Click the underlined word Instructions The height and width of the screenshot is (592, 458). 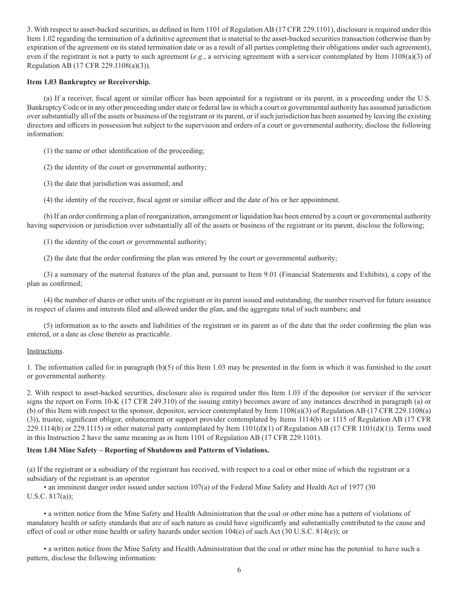click(44, 351)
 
